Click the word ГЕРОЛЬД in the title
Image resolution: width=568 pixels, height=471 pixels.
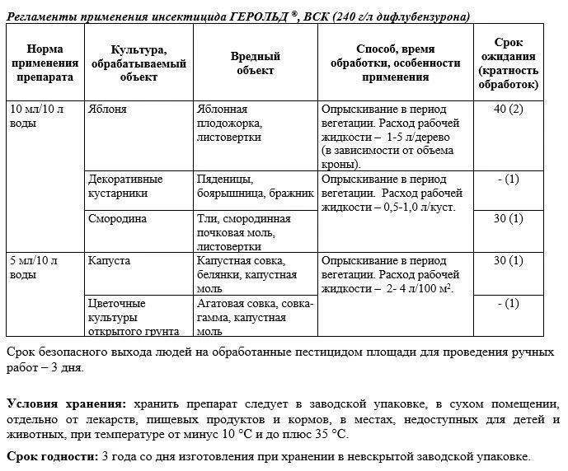257,16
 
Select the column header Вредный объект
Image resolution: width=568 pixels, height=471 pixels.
255,63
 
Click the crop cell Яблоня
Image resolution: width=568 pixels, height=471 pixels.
106,109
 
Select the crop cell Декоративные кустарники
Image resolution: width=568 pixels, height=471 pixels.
125,185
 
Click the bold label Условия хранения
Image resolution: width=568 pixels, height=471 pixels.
66,403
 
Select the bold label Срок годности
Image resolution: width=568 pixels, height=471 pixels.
50,455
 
